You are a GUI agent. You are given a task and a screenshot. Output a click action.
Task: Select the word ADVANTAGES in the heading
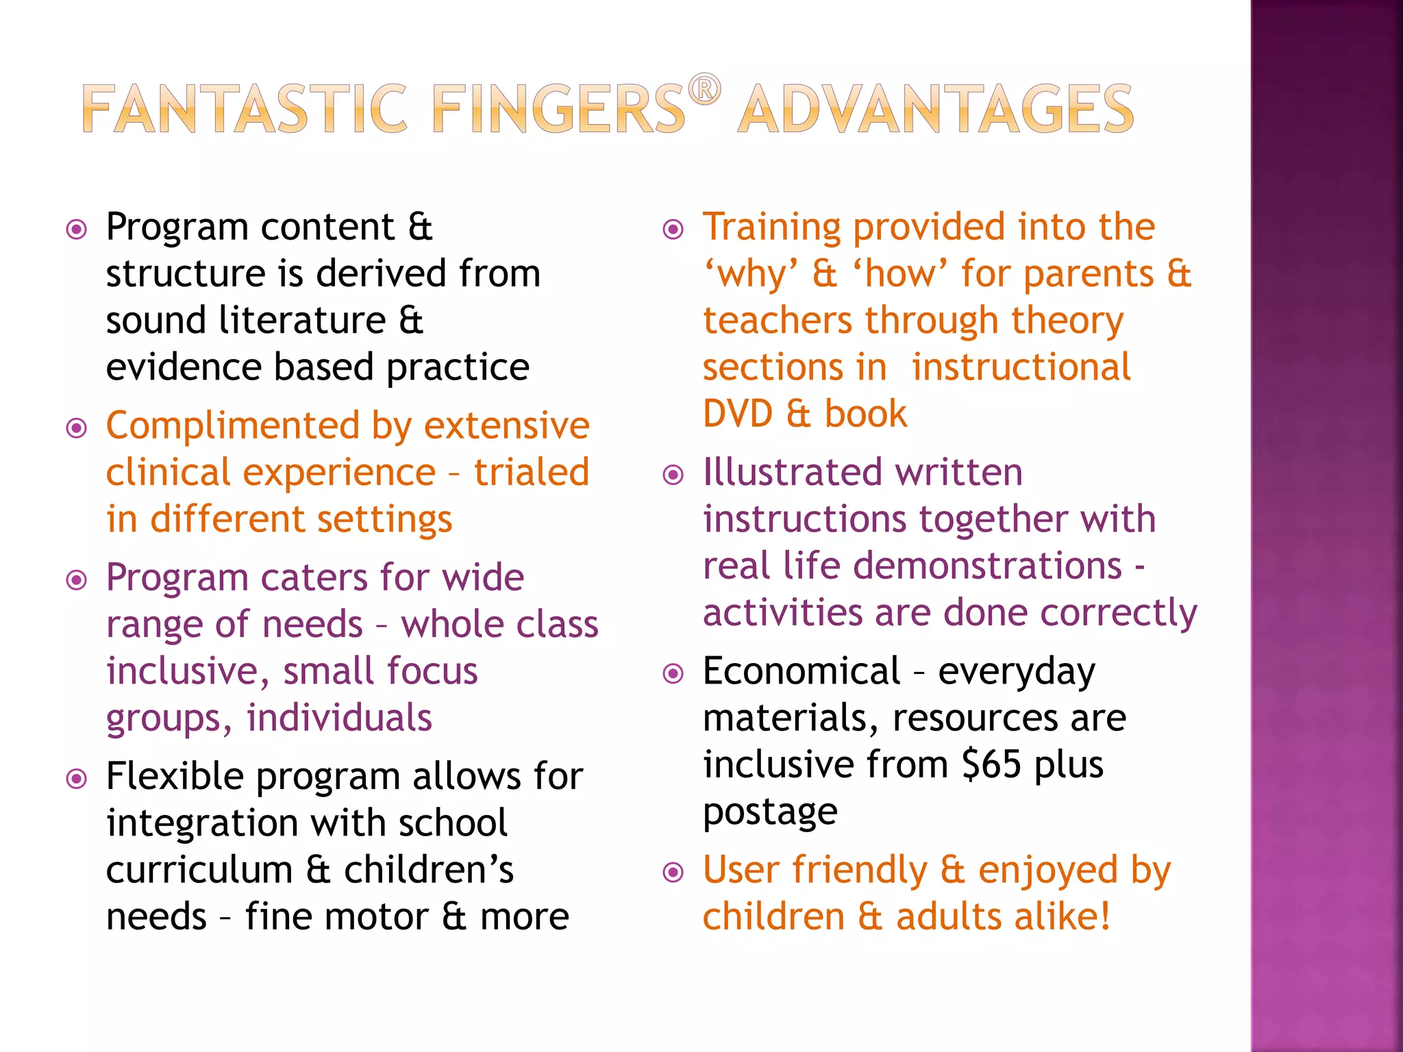[x=936, y=109]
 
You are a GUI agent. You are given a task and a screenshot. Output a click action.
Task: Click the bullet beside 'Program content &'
[x=77, y=229]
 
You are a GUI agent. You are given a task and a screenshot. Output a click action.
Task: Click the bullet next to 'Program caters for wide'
[x=77, y=580]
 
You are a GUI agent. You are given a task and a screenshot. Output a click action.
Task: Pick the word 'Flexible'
[x=175, y=777]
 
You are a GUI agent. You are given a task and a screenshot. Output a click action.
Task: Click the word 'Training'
[x=771, y=227]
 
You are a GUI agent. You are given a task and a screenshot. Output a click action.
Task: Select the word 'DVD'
[x=738, y=414]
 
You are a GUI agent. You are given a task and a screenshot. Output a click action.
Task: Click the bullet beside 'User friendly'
[x=674, y=873]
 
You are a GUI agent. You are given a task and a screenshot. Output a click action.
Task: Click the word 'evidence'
[x=184, y=368]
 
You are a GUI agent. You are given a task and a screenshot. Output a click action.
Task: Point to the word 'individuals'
[x=339, y=718]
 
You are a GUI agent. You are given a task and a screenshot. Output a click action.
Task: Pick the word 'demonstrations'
[x=987, y=566]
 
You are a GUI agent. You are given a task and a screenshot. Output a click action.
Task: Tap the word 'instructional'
[x=1021, y=368]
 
